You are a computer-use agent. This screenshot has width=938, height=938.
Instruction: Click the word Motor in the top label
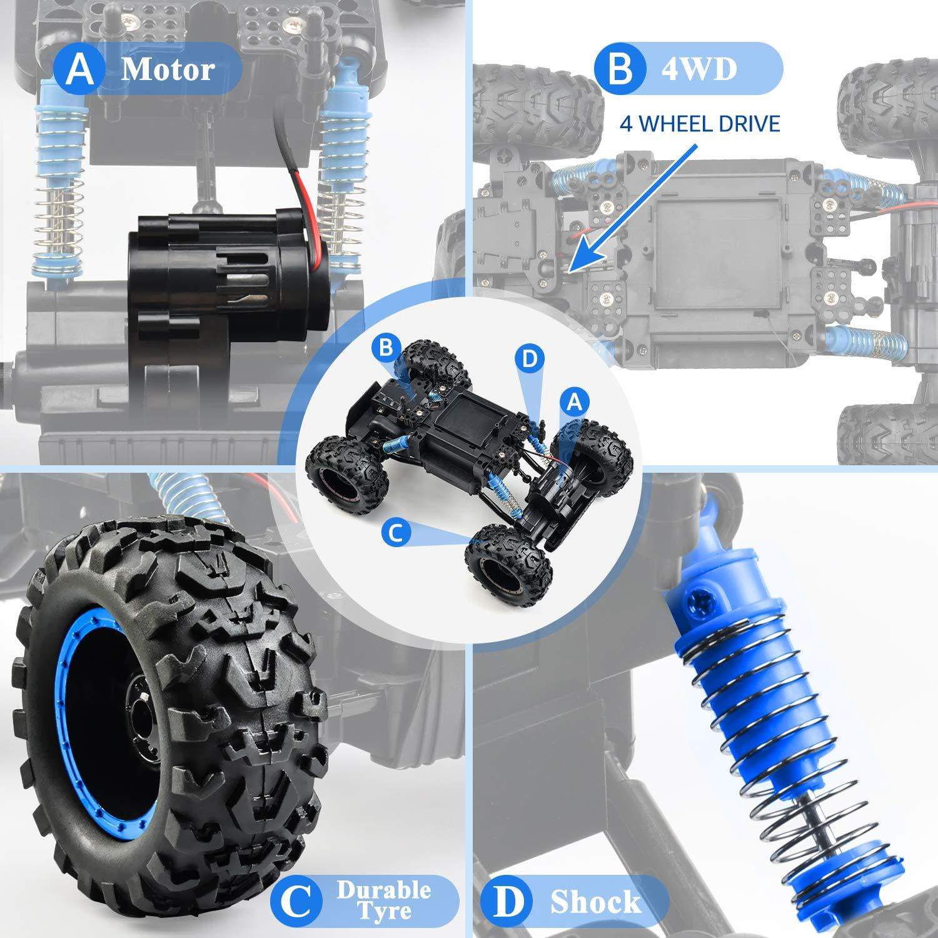[x=168, y=69]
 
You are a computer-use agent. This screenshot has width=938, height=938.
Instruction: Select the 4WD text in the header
[x=699, y=69]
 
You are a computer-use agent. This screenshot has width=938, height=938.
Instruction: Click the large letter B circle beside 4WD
[x=619, y=69]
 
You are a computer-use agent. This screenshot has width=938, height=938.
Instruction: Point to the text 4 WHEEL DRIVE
[x=700, y=123]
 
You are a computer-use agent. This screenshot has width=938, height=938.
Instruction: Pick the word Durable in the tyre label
[x=384, y=890]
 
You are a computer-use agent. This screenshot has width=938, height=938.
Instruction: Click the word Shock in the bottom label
[x=595, y=902]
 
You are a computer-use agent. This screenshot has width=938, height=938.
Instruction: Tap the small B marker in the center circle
[x=384, y=348]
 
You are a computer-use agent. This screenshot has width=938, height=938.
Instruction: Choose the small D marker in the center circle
[x=529, y=358]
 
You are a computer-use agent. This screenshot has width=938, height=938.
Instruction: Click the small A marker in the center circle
[x=574, y=403]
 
